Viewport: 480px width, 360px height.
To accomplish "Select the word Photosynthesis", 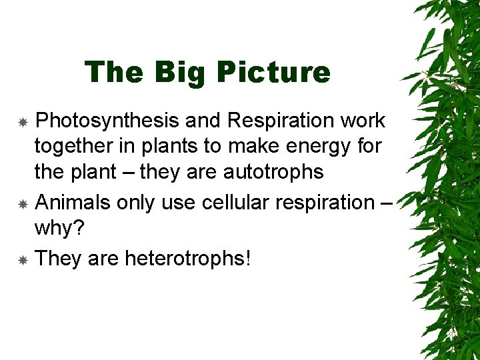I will coord(107,121).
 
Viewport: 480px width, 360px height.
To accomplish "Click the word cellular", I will coord(236,202).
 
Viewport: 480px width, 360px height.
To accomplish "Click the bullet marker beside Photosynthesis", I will coord(22,123).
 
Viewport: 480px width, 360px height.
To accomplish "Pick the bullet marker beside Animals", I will coord(22,204).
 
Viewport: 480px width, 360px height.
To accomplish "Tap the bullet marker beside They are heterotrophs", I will coord(22,259).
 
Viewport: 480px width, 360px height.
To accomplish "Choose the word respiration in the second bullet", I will coord(323,202).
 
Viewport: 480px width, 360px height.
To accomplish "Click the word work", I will coord(362,121).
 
